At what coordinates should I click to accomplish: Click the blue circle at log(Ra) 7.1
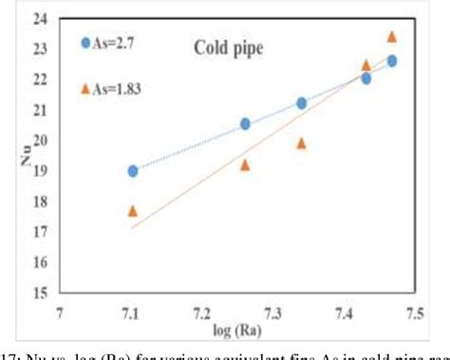133,171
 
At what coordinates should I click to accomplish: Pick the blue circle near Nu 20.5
245,123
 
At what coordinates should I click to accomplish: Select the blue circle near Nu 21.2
301,103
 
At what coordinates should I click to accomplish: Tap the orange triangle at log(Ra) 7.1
133,210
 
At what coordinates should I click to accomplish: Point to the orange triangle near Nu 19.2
245,164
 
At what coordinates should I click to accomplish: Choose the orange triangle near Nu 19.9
301,143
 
